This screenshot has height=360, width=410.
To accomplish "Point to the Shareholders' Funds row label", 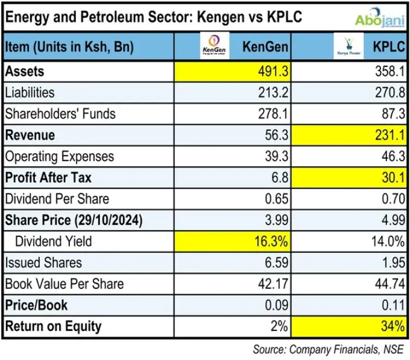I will pos(60,114).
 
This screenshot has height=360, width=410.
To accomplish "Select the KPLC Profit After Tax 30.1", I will pos(393,178).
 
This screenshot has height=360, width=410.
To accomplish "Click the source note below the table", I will pos(329,349).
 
